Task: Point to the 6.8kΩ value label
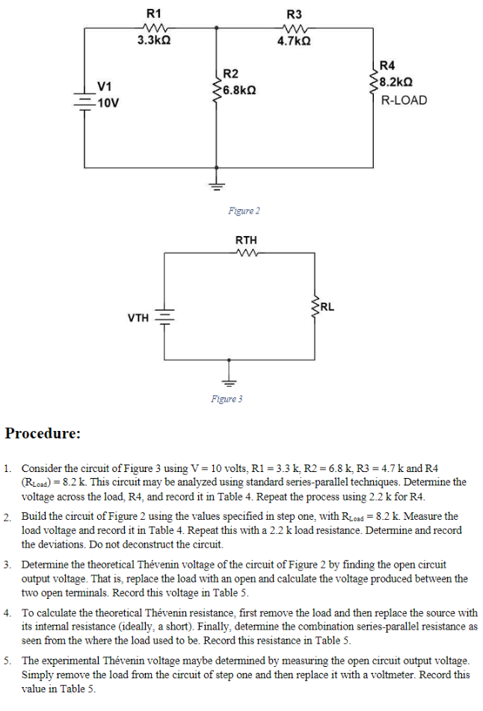240,89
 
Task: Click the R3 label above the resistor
295,13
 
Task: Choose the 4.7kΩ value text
295,42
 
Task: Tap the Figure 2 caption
244,211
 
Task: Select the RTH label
246,240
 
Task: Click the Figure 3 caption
227,399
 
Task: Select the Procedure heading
43,433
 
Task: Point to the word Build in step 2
34,516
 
